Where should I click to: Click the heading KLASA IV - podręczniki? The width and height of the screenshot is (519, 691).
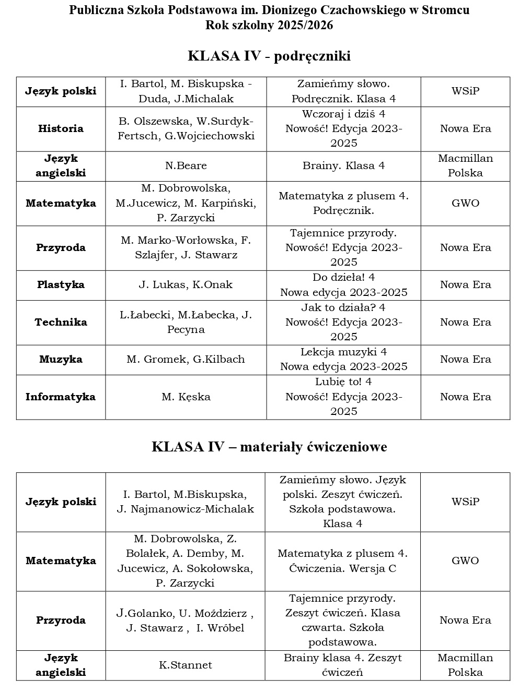[269, 56]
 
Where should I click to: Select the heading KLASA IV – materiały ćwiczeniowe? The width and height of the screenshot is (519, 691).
[269, 447]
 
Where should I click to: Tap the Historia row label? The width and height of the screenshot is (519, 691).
[61, 129]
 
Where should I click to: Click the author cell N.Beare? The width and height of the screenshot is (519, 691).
[186, 166]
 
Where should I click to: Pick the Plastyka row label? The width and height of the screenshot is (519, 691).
[61, 285]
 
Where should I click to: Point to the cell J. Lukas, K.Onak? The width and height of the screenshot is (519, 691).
[186, 285]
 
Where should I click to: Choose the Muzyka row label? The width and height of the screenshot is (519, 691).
[61, 360]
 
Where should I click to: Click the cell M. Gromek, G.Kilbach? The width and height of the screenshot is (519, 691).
[186, 360]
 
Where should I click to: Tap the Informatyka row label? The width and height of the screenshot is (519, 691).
[61, 397]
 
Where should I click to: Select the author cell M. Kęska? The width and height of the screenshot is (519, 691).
[186, 397]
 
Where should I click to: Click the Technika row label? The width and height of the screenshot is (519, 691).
[61, 322]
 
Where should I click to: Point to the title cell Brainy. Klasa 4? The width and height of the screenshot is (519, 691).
[343, 166]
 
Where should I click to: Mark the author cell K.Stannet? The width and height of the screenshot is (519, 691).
[186, 665]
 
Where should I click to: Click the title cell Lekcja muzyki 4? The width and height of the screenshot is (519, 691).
[343, 360]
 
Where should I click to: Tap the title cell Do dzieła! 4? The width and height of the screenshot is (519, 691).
[343, 285]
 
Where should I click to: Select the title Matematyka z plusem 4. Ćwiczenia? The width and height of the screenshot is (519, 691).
[343, 561]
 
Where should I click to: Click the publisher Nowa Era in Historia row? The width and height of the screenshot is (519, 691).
[465, 129]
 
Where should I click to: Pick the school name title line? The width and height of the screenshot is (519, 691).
[269, 10]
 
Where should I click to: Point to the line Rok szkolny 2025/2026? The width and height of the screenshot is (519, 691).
[269, 26]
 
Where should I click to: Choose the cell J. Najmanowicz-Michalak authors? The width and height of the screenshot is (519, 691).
[186, 502]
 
